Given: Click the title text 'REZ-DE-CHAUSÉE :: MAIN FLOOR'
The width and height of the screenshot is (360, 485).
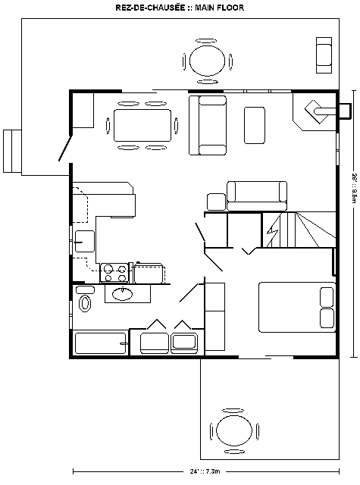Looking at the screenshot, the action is tap(180, 8).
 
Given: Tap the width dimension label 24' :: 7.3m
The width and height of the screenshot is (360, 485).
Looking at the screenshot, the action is tap(205, 471).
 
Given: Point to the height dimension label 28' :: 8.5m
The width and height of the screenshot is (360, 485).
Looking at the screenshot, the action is tap(355, 188).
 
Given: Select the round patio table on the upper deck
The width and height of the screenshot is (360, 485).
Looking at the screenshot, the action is tap(207, 61).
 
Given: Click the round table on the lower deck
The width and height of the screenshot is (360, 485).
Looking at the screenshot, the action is tap(234, 430).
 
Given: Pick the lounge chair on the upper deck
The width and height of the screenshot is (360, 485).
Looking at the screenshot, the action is tap(324, 55).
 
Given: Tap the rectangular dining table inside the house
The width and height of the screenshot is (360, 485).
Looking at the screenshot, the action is tap(142, 125).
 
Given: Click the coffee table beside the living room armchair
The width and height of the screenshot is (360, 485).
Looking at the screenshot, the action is tap(255, 125).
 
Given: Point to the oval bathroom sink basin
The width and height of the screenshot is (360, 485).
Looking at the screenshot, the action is tap(123, 294).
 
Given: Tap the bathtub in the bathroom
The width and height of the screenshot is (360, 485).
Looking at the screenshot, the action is tap(101, 343).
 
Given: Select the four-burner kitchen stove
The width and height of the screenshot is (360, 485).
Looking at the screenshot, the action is tap(114, 273).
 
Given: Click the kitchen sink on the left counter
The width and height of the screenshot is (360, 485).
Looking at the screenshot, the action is tap(84, 241).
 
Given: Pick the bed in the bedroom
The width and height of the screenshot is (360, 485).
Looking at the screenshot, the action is tap(297, 307).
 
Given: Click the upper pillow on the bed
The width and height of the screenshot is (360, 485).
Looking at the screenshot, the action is tap(327, 297).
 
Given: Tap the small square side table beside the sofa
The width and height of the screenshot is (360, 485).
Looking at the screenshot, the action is tap(216, 202).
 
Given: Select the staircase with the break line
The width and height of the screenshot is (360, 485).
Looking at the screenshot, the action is tap(299, 230).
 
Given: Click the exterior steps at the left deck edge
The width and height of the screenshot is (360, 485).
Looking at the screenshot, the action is tap(12, 151).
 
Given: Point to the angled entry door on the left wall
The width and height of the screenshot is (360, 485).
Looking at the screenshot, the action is tap(65, 148).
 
